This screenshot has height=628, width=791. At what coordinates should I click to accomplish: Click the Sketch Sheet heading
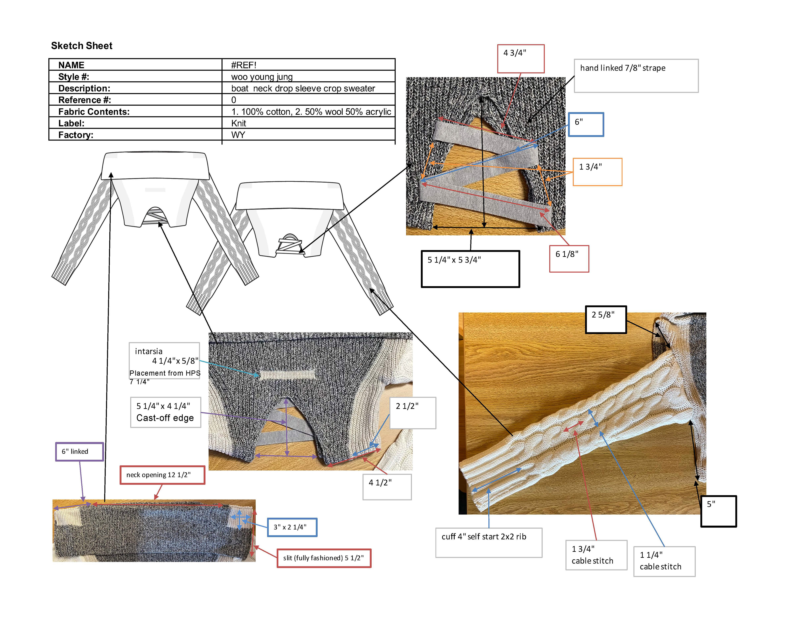(x=81, y=46)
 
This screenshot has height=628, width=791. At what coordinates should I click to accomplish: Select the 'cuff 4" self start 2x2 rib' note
(x=488, y=542)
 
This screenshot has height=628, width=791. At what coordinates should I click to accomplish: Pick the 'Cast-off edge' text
(x=165, y=418)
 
